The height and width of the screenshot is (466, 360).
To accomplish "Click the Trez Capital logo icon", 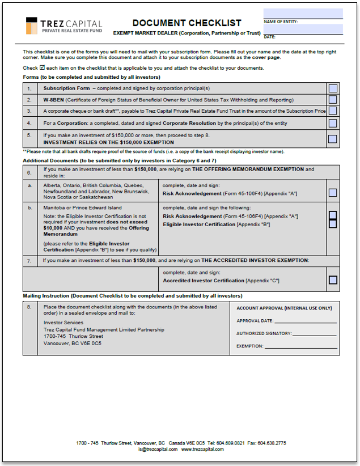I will point(32,26).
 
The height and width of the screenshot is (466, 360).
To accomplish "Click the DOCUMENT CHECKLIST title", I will point(187,23).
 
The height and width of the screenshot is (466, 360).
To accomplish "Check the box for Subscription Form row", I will point(333,88).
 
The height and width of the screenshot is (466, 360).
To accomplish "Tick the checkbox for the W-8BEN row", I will point(333,99).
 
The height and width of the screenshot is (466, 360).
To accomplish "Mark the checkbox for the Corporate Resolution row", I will point(333,123).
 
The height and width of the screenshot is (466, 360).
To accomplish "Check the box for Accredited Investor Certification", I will point(333,279).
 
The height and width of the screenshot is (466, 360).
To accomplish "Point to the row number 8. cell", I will point(29,307).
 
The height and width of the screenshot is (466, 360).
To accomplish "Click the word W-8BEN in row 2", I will point(53,100).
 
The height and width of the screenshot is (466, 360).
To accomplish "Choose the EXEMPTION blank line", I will point(300,346).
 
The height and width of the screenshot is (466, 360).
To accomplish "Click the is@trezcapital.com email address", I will point(157,450).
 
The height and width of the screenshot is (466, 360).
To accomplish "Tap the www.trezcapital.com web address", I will point(202,450).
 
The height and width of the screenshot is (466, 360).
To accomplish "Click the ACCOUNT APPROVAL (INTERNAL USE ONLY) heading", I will point(284,308).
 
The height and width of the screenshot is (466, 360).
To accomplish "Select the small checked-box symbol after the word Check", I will point(42,67).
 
